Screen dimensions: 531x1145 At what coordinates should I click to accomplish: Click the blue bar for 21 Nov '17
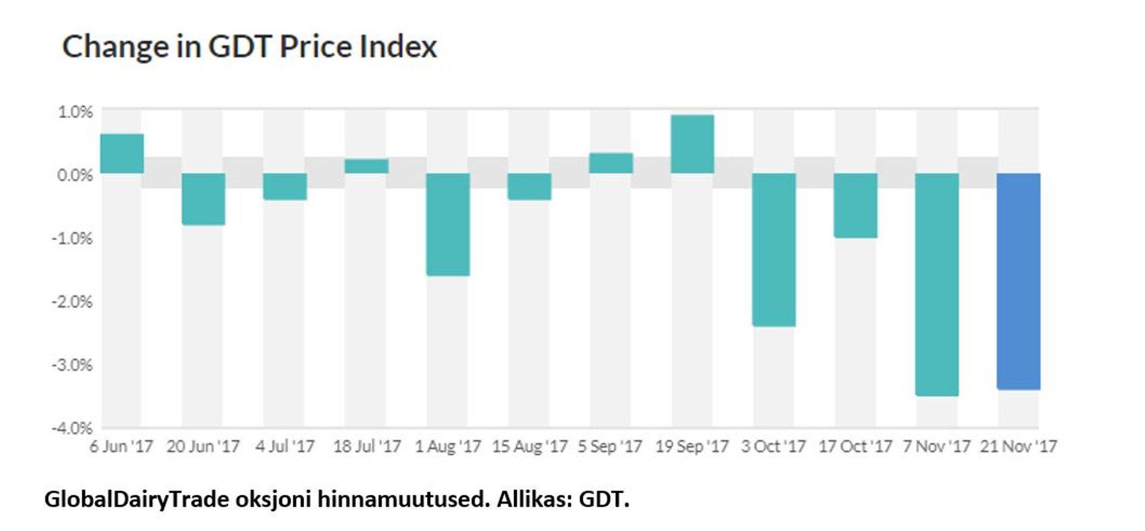click(x=1019, y=281)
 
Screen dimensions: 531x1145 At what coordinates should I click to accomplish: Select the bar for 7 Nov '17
click(x=937, y=284)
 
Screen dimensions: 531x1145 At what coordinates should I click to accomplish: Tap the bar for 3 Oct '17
click(x=774, y=250)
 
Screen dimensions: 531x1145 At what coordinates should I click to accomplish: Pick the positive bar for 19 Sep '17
click(x=692, y=144)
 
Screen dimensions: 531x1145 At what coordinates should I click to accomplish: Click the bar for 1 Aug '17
click(x=448, y=224)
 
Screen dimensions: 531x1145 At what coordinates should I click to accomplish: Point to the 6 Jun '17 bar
click(x=122, y=153)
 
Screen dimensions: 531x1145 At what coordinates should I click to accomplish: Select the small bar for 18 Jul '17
click(x=366, y=166)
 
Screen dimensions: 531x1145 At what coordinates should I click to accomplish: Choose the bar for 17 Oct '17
click(x=855, y=206)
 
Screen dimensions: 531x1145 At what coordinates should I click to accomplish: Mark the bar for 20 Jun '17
click(x=203, y=199)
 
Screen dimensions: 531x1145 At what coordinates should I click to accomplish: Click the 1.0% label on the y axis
click(x=76, y=111)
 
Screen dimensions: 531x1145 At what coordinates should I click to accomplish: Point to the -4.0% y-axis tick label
click(x=73, y=428)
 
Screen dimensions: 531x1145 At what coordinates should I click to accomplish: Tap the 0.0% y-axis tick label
click(x=76, y=175)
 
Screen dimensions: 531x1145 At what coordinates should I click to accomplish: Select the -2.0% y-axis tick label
click(x=73, y=302)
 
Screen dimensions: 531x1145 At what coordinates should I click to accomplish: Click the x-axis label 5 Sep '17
click(x=609, y=446)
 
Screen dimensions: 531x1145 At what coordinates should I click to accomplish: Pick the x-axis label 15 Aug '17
click(x=530, y=446)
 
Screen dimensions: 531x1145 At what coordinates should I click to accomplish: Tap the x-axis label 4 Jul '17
click(x=285, y=446)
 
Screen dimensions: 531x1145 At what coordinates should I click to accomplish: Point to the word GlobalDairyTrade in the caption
click(x=137, y=499)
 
